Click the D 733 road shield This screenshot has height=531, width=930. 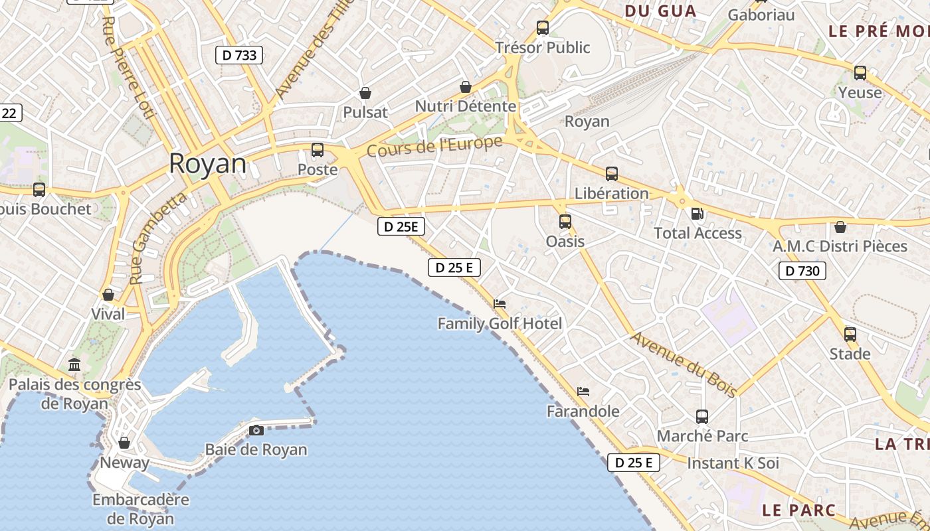coord(239,55)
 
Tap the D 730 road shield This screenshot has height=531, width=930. coord(802,270)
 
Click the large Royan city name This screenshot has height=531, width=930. coord(207,163)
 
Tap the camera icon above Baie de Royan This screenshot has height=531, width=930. coord(256,430)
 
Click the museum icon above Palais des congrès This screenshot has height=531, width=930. coord(74,364)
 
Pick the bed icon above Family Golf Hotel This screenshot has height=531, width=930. coord(500,304)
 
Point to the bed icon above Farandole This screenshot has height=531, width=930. coord(583,392)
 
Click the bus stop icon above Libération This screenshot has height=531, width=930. coord(611,174)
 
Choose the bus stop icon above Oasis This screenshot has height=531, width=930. coord(565,221)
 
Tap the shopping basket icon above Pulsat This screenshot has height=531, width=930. coord(365,93)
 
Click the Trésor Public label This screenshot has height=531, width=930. coord(543,47)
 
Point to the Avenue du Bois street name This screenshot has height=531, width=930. coord(683,364)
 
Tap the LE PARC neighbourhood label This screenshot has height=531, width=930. coord(798,510)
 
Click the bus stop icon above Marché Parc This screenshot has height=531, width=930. coord(702,417)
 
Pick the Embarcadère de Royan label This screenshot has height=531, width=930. coord(141,509)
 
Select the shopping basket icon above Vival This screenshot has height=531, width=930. coord(108,294)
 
